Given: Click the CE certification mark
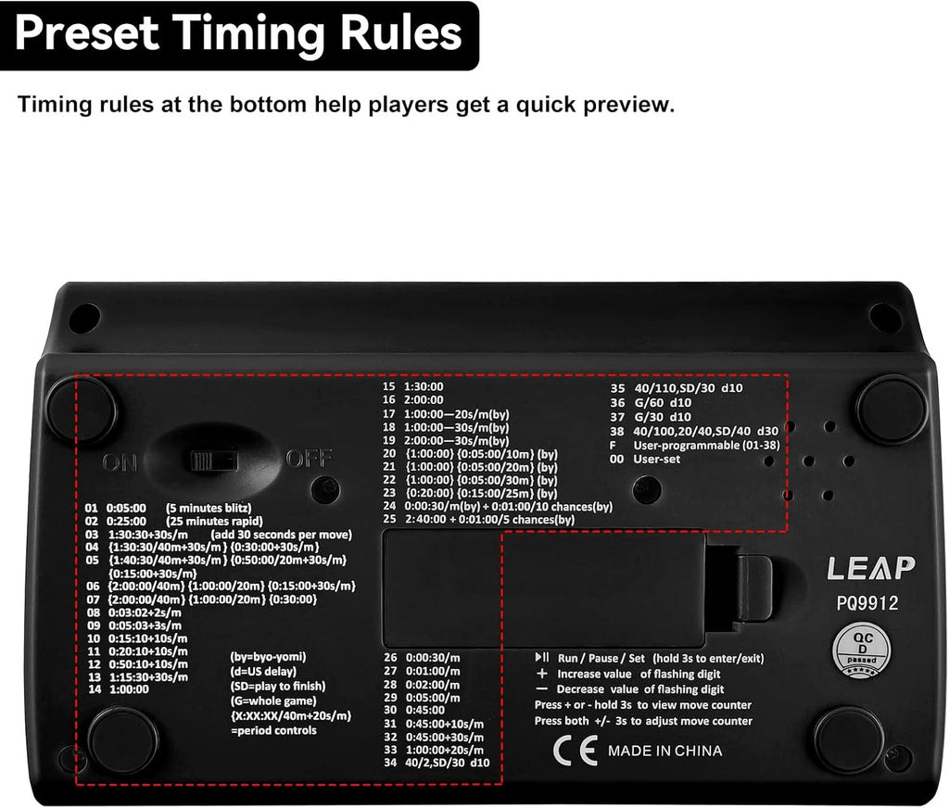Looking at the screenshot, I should [x=568, y=751].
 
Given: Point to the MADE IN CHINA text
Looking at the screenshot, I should [x=664, y=751].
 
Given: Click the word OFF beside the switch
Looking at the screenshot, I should [x=304, y=459].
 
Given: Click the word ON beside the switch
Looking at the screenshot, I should [x=120, y=461].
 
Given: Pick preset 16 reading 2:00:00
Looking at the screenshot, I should [x=413, y=400].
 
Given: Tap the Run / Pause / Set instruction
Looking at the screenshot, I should [x=650, y=658].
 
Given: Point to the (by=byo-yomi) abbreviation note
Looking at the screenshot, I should [x=268, y=657].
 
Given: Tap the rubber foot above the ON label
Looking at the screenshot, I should [x=82, y=409].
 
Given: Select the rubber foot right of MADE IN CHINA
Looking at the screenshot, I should [x=848, y=739].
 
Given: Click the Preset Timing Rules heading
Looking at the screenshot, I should [x=238, y=34].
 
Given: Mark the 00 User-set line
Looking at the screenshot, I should [x=657, y=459].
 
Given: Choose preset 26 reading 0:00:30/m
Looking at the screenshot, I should [x=422, y=657].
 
